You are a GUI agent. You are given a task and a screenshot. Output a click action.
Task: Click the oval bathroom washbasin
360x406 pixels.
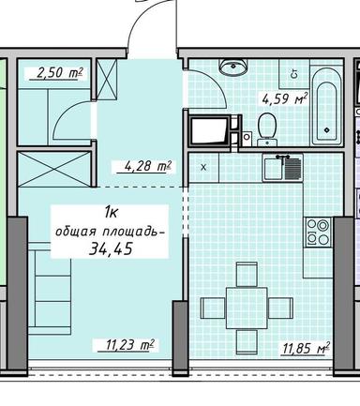pos(231,69)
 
